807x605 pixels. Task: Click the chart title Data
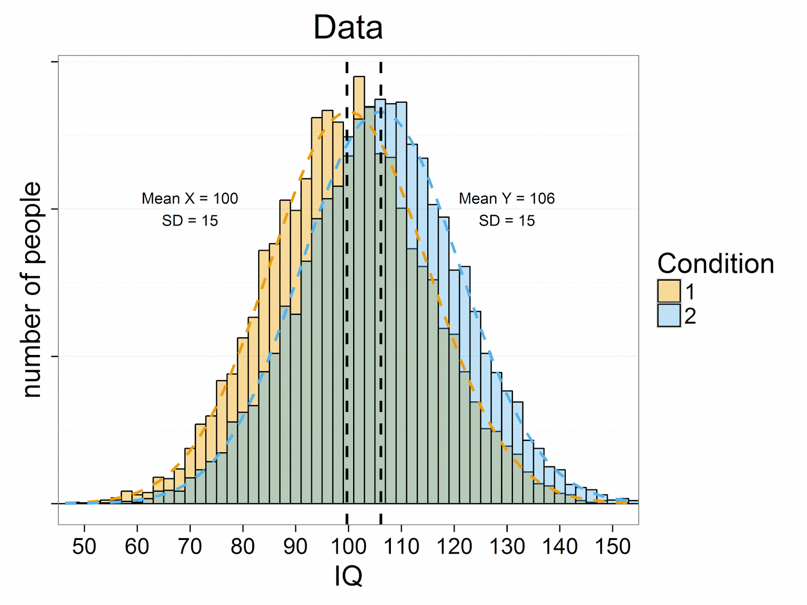pos(348,27)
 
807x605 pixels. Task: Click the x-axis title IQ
pos(348,575)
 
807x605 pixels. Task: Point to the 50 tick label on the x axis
pos(84,547)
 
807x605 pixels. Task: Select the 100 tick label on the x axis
pos(348,547)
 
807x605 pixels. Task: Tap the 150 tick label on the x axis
pos(612,547)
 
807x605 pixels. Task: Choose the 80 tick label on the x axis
pos(243,547)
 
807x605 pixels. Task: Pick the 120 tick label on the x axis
pos(454,547)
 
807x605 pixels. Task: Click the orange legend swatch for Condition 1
pos(669,291)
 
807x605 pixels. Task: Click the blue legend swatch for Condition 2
pos(669,316)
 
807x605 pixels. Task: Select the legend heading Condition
pos(715,264)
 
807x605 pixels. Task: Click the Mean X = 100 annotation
pos(190,199)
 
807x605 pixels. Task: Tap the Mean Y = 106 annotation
pos(506,199)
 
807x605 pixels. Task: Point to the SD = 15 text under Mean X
pos(190,221)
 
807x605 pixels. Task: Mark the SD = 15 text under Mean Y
pos(506,221)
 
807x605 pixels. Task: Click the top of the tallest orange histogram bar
pos(359,78)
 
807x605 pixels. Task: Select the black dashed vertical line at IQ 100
pos(347,302)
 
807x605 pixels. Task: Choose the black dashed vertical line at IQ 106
pos(381,302)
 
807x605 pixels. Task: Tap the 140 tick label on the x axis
pos(559,547)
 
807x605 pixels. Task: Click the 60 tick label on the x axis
pos(137,547)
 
